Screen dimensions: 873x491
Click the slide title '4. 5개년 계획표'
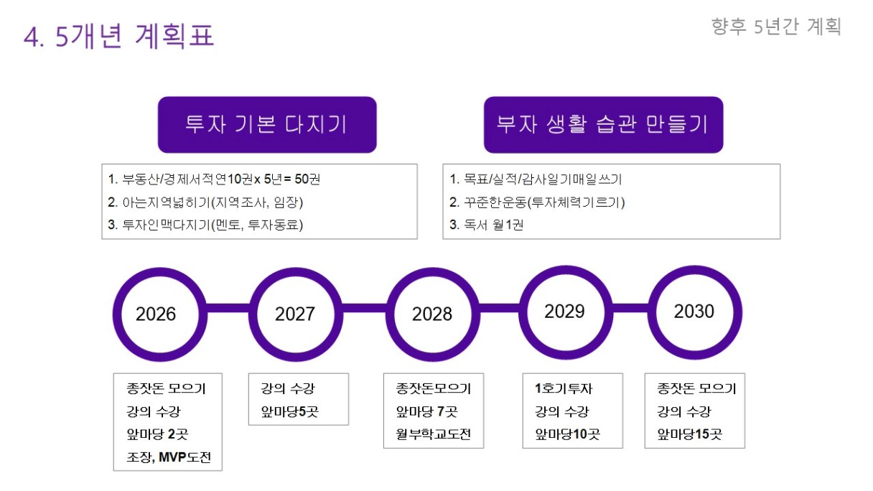tap(119, 36)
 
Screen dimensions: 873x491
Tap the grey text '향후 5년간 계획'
tap(776, 27)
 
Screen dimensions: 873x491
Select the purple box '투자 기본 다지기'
tap(267, 125)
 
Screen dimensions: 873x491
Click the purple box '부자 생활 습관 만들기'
tap(603, 125)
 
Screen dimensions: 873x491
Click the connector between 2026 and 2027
tap(228, 308)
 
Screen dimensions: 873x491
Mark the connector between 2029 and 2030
tap(630, 308)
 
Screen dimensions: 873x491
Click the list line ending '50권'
tap(214, 179)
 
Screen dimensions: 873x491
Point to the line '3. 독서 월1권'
tap(486, 225)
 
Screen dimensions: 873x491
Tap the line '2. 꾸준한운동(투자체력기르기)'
tap(537, 202)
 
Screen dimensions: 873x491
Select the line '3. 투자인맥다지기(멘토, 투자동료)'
tap(205, 225)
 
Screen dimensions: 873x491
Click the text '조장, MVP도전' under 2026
tap(169, 457)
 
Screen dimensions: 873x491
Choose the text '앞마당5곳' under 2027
tap(289, 411)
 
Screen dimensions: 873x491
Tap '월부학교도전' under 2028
tap(434, 434)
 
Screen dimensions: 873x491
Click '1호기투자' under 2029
tap(563, 388)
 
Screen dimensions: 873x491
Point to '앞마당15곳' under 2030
tap(689, 434)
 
